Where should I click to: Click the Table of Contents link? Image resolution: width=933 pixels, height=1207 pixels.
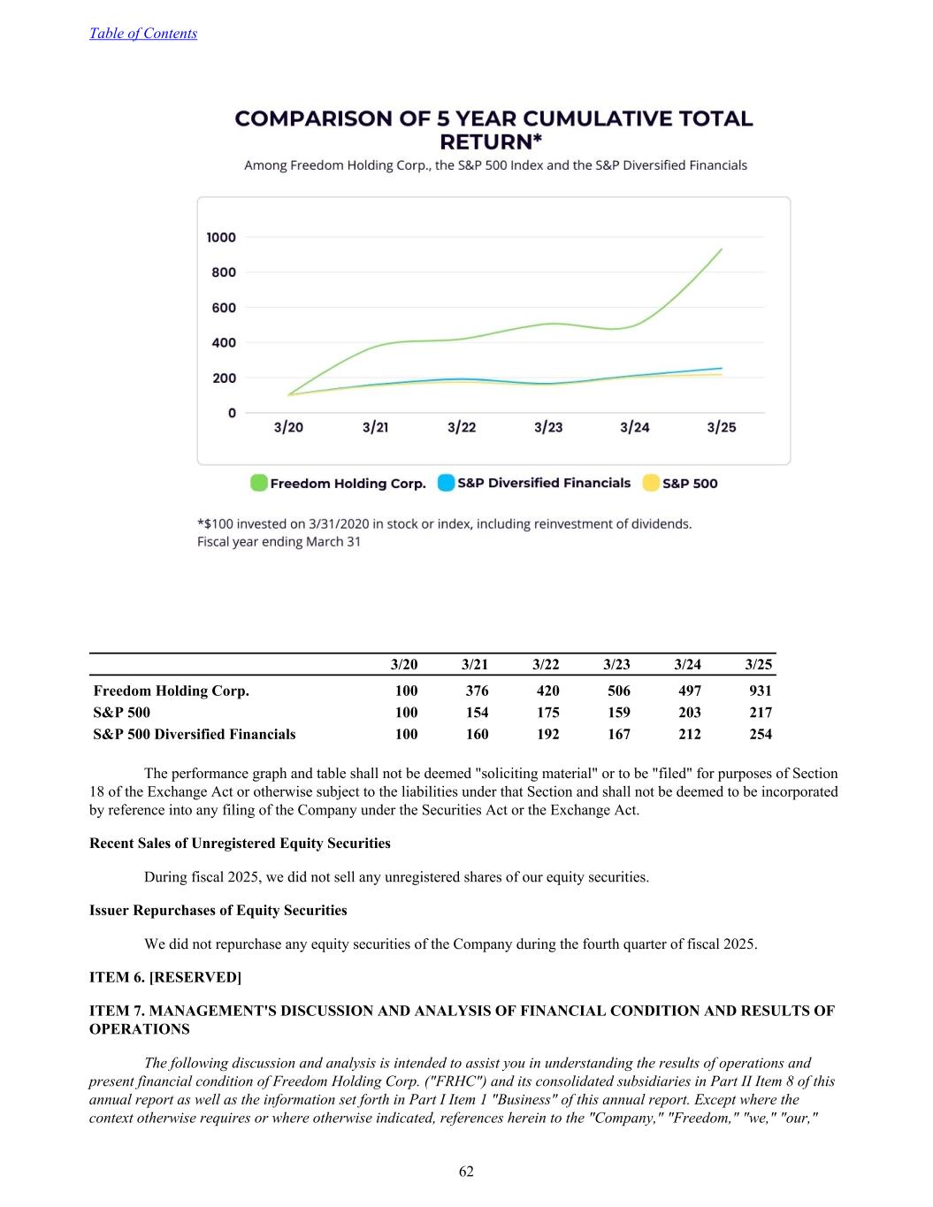tap(143, 34)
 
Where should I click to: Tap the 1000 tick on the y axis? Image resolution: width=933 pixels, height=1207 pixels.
tap(221, 237)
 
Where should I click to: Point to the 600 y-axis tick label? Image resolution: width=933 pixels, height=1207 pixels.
tap(224, 308)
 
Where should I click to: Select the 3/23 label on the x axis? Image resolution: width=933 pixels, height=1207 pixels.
tap(548, 427)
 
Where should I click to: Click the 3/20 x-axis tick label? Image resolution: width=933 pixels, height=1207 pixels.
tap(288, 427)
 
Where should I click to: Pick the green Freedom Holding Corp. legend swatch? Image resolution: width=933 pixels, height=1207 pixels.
tap(259, 483)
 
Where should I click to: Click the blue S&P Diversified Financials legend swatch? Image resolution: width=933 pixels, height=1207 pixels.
tap(447, 483)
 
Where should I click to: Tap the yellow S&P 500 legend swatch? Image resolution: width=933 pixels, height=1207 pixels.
tap(651, 483)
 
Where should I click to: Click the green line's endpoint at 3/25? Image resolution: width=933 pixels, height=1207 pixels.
tap(722, 249)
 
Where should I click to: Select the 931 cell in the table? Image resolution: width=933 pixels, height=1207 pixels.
tap(760, 691)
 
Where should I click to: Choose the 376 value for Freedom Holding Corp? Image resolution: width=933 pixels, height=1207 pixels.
tap(477, 691)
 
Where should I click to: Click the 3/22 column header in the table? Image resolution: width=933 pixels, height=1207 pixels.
tap(546, 664)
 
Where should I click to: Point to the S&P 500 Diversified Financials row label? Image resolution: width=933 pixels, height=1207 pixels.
tap(195, 734)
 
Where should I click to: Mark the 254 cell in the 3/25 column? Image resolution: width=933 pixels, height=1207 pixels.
tap(760, 734)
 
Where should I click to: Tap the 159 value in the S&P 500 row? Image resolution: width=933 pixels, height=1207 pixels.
tap(618, 712)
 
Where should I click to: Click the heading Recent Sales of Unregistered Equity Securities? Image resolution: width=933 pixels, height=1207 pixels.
tap(240, 844)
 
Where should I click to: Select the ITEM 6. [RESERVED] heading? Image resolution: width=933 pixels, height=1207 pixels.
tap(165, 977)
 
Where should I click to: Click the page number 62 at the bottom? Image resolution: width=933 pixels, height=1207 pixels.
tap(466, 1172)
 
